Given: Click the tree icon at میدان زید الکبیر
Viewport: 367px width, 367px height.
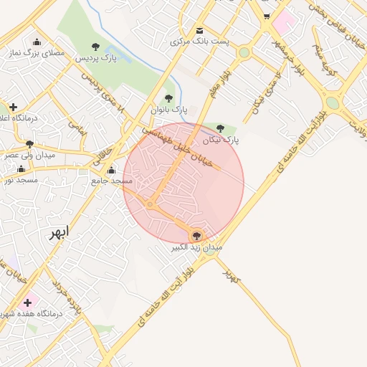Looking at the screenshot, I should click(x=197, y=235).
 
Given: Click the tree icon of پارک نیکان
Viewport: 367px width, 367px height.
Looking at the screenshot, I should click(x=221, y=129).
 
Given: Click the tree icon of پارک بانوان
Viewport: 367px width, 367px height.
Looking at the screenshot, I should click(x=169, y=99).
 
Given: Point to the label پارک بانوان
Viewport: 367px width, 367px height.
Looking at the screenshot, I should click(x=168, y=110).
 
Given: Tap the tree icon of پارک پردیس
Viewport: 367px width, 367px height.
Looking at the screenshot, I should click(x=96, y=47).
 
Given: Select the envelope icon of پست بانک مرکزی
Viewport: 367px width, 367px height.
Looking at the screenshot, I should click(x=199, y=30).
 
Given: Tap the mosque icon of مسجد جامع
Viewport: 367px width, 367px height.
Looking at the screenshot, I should click(x=111, y=171).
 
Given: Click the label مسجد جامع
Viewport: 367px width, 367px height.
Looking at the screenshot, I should click(x=112, y=181).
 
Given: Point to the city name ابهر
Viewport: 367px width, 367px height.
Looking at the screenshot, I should click(x=60, y=233).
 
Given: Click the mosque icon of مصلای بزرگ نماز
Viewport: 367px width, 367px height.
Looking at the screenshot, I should click(x=37, y=42).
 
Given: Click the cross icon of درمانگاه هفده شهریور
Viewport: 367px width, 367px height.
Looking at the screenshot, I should click(x=27, y=302).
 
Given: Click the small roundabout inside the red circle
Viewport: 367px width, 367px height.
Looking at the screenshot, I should click(x=150, y=205).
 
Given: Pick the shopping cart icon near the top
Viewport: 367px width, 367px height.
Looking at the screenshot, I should click(x=267, y=16).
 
